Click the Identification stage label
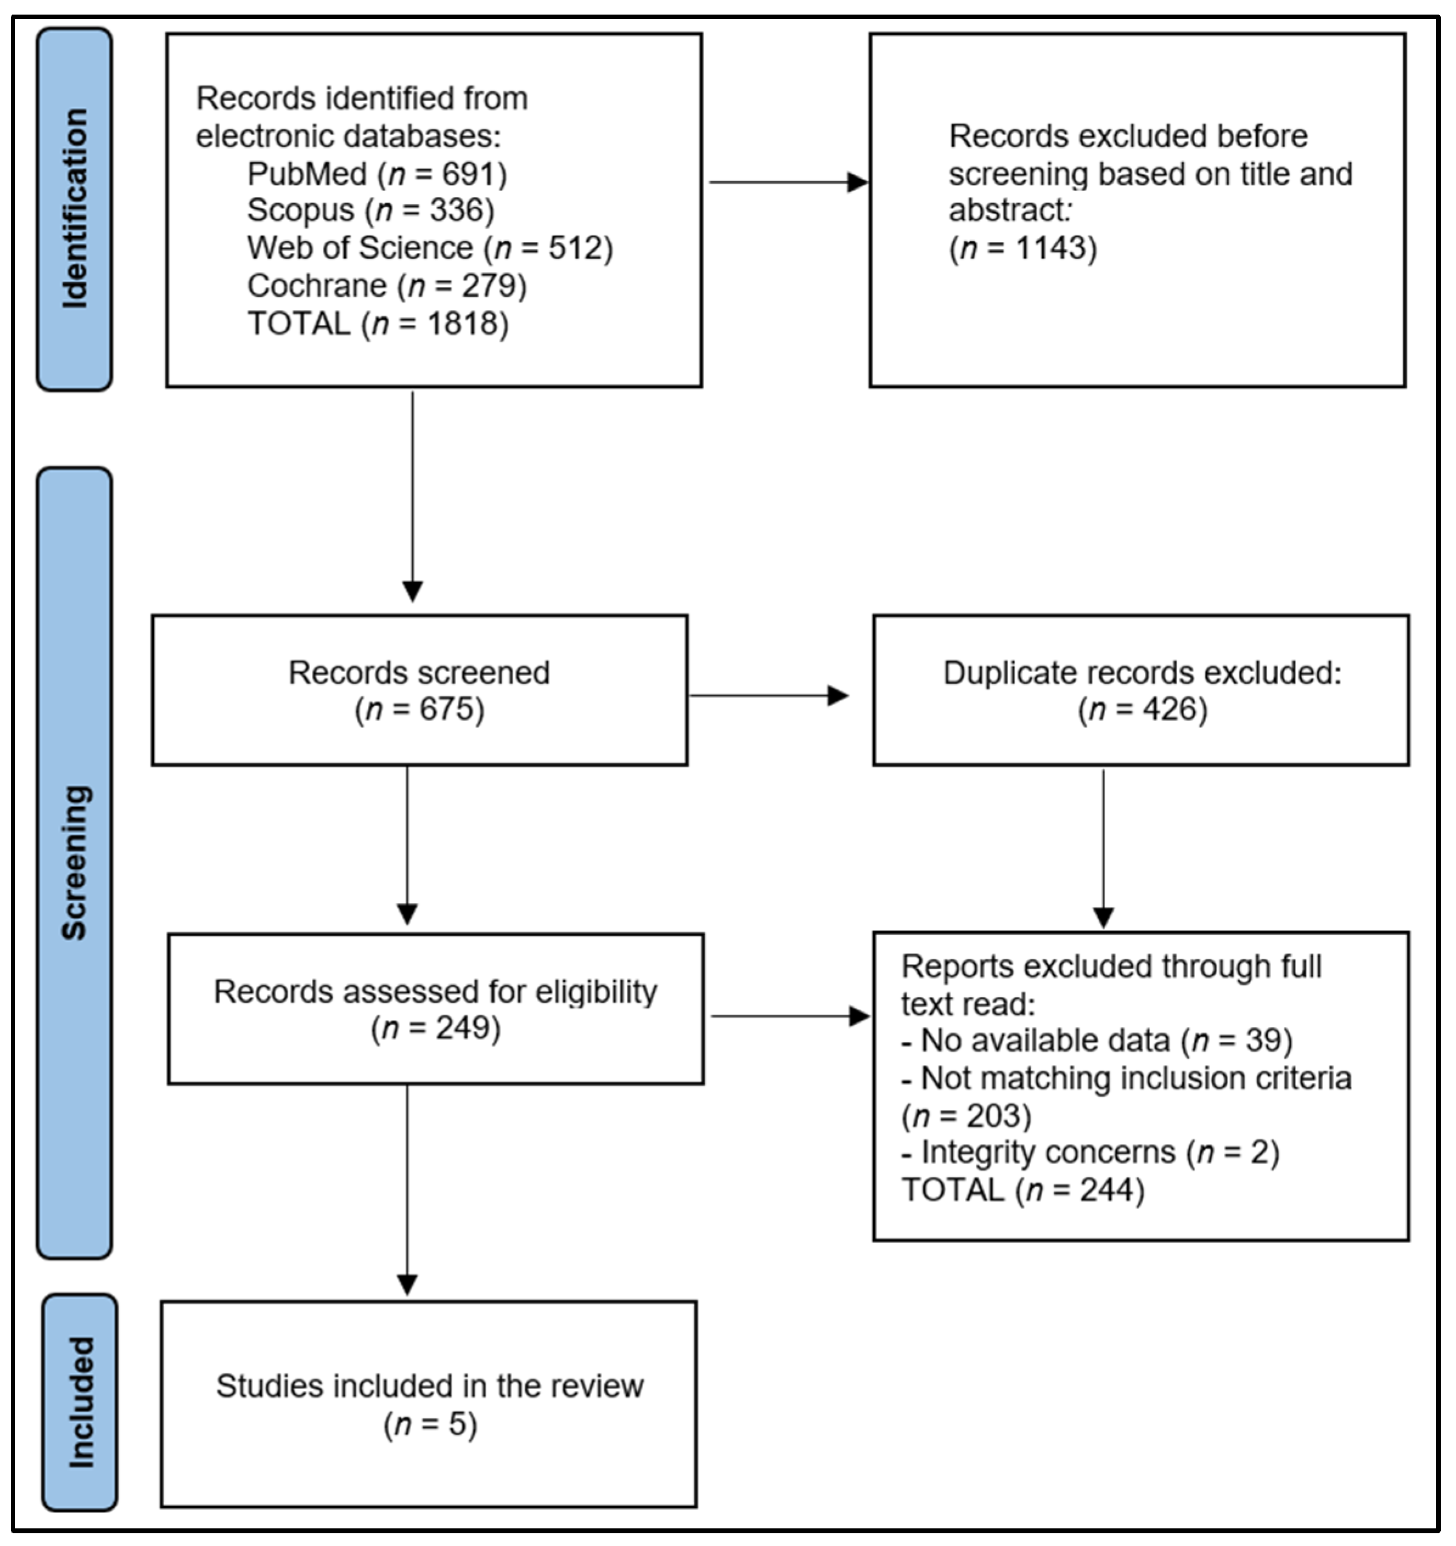point(75,209)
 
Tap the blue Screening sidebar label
point(75,862)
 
